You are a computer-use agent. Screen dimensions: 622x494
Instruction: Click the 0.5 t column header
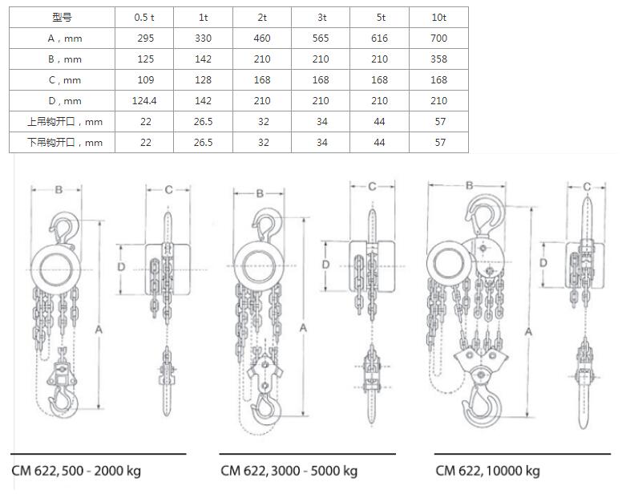144,18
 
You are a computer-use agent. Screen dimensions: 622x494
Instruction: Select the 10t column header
438,18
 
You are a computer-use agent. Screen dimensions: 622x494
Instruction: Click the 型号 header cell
62,18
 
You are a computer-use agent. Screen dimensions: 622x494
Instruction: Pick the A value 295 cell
146,38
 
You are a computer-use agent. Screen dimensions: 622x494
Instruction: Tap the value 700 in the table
438,38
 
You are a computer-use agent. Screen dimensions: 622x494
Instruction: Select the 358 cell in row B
438,59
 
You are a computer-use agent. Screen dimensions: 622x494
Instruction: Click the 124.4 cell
144,101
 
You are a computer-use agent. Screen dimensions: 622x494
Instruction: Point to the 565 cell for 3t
321,38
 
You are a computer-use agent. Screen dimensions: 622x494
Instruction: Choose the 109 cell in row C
146,80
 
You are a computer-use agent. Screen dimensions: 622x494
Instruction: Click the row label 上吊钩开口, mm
65,122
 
